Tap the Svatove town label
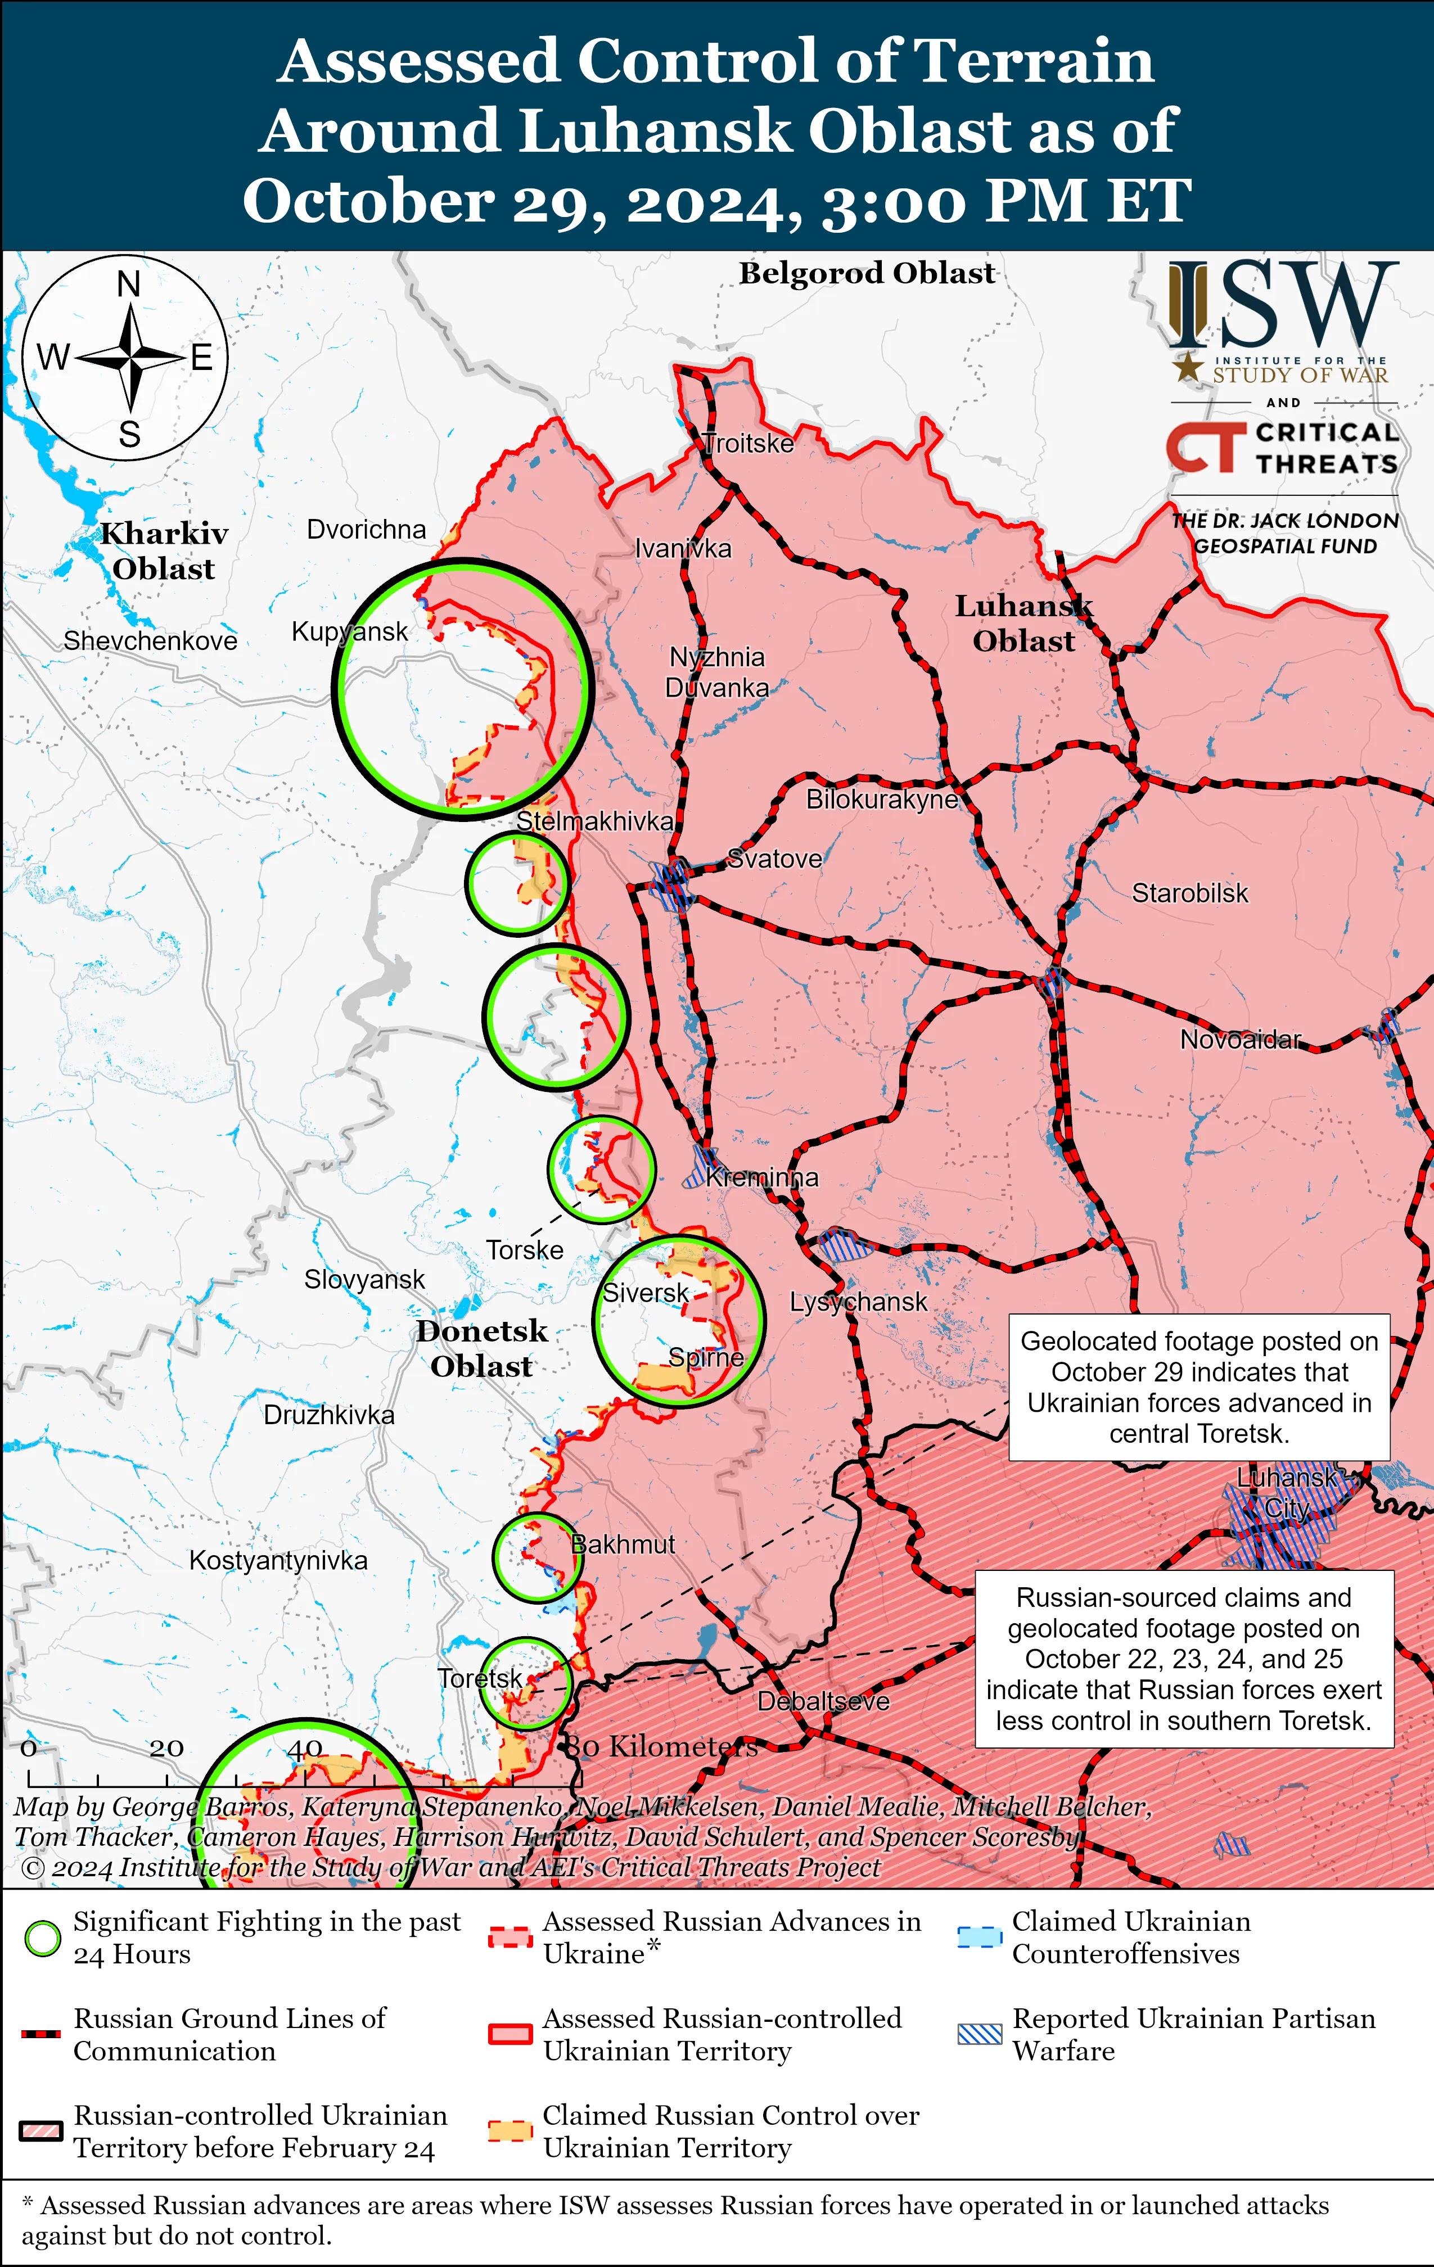[775, 859]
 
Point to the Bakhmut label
[623, 1544]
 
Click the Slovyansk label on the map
[364, 1280]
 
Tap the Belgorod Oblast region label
[866, 273]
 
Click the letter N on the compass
[129, 283]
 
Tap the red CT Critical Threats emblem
[1201, 446]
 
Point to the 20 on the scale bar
[166, 1748]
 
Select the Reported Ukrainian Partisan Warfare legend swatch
[979, 2034]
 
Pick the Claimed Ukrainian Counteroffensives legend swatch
[979, 1938]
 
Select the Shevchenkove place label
[151, 641]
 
